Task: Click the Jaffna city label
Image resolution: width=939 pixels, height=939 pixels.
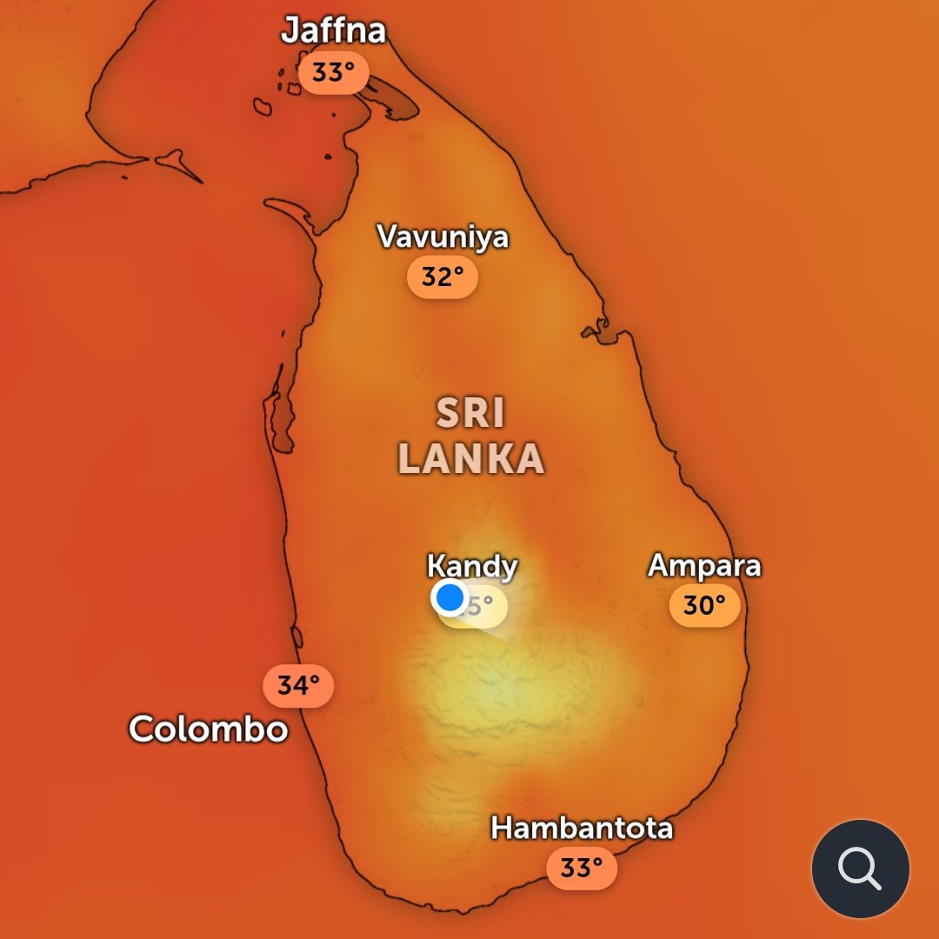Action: (333, 31)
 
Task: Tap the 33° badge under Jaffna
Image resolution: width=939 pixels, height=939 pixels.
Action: (333, 73)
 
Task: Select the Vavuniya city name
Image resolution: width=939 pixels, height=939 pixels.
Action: (443, 236)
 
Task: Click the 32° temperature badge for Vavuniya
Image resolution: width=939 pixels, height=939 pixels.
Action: (443, 277)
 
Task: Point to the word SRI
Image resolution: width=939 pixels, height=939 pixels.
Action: (470, 414)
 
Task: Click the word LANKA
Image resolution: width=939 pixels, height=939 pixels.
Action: (471, 459)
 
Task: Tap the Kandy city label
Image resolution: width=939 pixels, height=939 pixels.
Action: (472, 567)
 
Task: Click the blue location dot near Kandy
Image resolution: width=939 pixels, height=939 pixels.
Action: (450, 598)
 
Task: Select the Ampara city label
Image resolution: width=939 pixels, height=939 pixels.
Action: (704, 566)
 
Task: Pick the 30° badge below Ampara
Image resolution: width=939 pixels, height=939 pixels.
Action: (704, 605)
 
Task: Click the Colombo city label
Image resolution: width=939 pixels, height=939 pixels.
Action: (209, 729)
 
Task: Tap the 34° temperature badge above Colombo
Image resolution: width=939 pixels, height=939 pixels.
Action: (298, 686)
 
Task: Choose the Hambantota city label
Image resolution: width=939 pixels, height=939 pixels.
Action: (582, 828)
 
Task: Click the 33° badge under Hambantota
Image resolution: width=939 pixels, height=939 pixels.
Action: (582, 868)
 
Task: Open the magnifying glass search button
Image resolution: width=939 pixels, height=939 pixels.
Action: (860, 869)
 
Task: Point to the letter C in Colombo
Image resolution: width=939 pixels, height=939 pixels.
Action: (143, 729)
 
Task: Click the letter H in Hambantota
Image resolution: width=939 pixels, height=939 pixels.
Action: (502, 828)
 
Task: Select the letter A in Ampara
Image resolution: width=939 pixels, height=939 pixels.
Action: (660, 566)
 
